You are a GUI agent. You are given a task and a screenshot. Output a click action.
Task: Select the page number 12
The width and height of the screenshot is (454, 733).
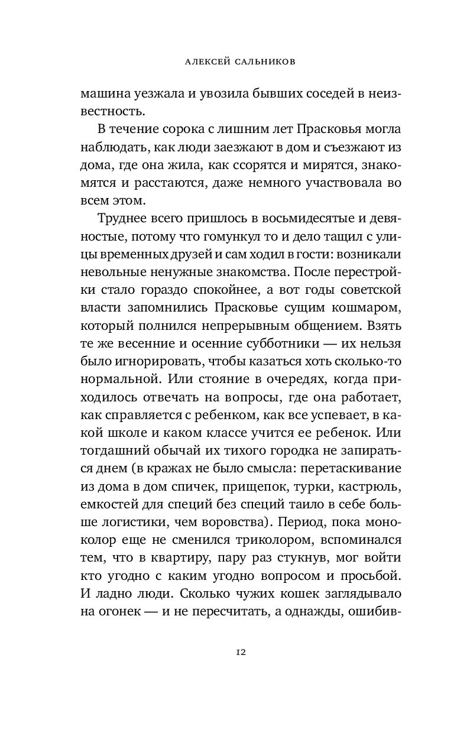[x=241, y=653]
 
